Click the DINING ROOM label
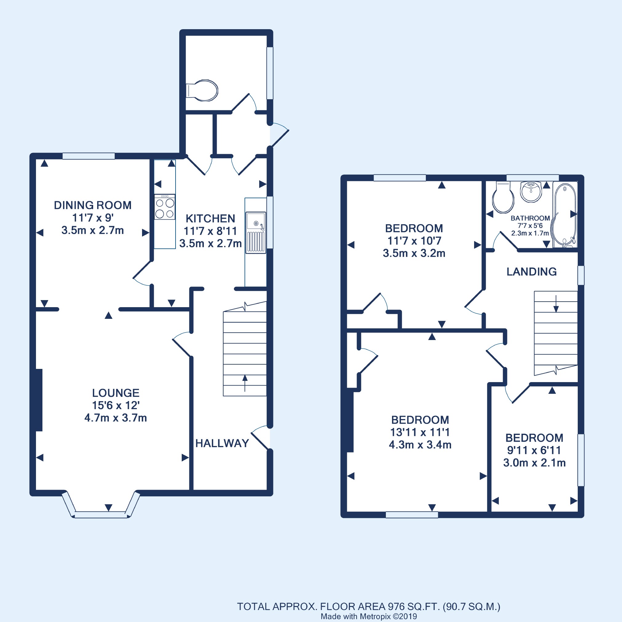pyautogui.click(x=93, y=205)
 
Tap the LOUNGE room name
pyautogui.click(x=116, y=393)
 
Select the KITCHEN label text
pyautogui.click(x=210, y=219)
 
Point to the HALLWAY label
pyautogui.click(x=222, y=443)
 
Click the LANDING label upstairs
pyautogui.click(x=531, y=272)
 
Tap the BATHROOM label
pyautogui.click(x=530, y=218)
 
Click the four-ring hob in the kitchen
pyautogui.click(x=165, y=207)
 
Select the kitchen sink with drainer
pyautogui.click(x=256, y=233)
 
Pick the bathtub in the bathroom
pyautogui.click(x=565, y=215)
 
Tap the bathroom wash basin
pyautogui.click(x=531, y=192)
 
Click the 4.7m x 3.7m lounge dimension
pyautogui.click(x=116, y=418)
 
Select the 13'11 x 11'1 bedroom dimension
pyautogui.click(x=420, y=432)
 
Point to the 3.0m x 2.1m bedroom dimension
pyautogui.click(x=534, y=463)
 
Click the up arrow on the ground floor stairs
pyautogui.click(x=245, y=383)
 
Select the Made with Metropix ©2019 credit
pyautogui.click(x=369, y=616)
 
